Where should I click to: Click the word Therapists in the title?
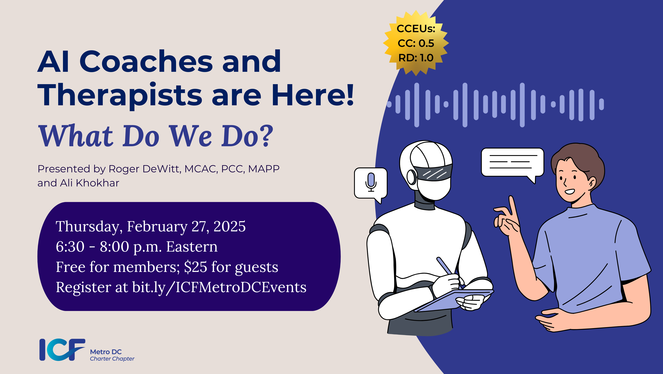120,95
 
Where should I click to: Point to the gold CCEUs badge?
416,43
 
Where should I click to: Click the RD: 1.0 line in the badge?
416,58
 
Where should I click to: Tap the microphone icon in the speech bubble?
371,182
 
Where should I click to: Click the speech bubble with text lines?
512,162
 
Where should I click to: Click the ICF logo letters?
62,350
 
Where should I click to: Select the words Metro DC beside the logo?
106,352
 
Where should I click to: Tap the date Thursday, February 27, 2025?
150,226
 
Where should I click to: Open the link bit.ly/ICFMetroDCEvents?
219,287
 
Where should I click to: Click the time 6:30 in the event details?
70,247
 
